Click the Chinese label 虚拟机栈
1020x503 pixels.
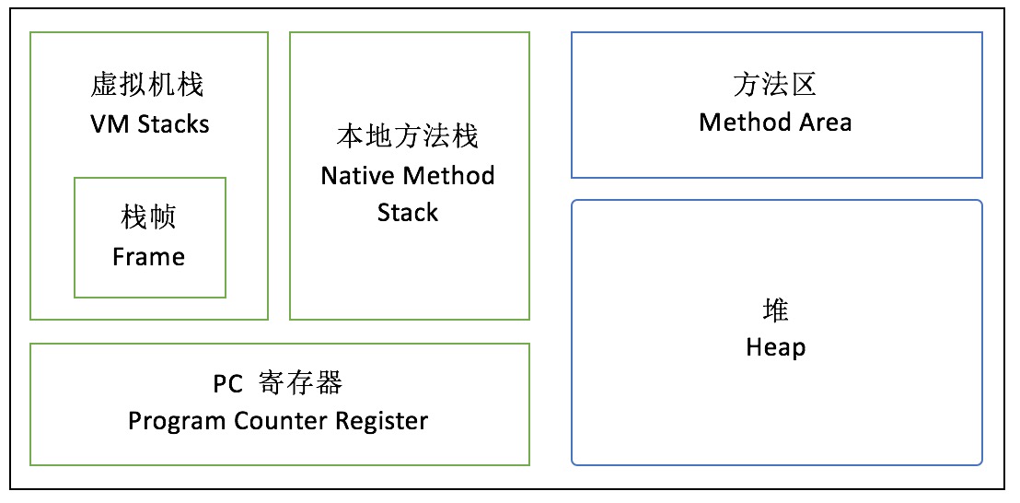[148, 86]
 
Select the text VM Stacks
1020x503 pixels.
[149, 123]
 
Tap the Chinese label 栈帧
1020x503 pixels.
[148, 217]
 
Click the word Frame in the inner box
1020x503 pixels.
[148, 256]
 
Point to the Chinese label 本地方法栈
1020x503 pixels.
[408, 137]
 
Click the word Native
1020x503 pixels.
[359, 175]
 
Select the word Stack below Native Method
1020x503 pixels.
[408, 213]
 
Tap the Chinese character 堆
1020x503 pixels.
[775, 310]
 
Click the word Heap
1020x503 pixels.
[775, 347]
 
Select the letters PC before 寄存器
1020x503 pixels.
[228, 383]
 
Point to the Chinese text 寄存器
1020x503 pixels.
[300, 383]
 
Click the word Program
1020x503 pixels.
[174, 421]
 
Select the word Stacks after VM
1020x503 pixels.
[173, 123]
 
